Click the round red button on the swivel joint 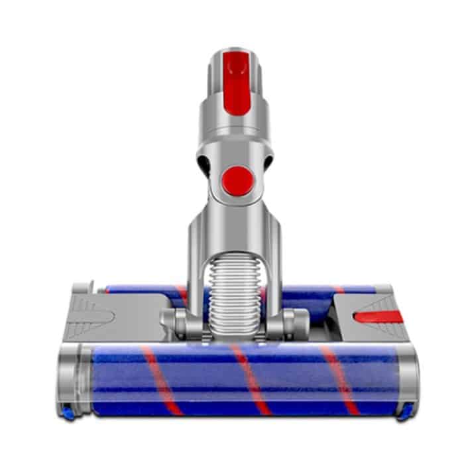[x=237, y=180]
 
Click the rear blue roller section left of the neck [x=143, y=290]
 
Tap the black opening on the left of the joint [x=203, y=162]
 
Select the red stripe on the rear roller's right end [x=339, y=290]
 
